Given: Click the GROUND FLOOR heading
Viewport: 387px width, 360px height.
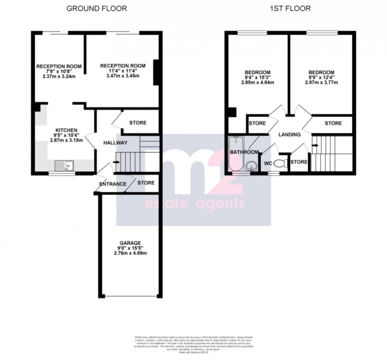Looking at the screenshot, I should [97, 8].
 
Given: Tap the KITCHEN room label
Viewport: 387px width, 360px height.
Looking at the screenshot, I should [67, 129].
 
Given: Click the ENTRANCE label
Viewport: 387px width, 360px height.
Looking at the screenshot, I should [113, 184].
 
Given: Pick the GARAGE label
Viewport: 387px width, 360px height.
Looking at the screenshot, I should [130, 242].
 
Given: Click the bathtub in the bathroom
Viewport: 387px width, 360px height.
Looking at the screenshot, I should [235, 154].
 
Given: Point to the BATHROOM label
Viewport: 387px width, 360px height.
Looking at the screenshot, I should [245, 152].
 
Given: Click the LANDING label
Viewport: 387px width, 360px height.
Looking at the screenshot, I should [289, 135].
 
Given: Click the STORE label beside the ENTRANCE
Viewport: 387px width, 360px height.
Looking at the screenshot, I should [146, 183].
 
